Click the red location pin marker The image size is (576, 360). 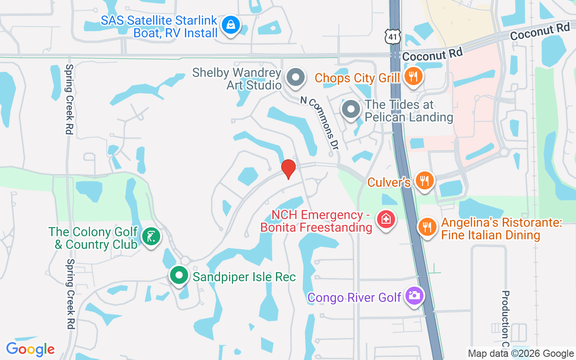point(288,169)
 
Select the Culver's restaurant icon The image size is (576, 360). point(424,181)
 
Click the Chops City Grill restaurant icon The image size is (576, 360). point(412,76)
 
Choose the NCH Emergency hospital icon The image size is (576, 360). point(386,220)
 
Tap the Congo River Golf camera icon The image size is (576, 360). point(414,296)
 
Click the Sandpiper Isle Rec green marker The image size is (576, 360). point(179,275)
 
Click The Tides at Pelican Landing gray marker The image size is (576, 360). point(351,110)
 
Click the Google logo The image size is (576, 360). point(30,349)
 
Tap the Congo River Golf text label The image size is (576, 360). point(355,297)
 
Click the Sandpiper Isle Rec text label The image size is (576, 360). point(244,277)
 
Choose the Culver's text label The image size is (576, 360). point(389,182)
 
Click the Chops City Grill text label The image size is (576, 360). point(357,78)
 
